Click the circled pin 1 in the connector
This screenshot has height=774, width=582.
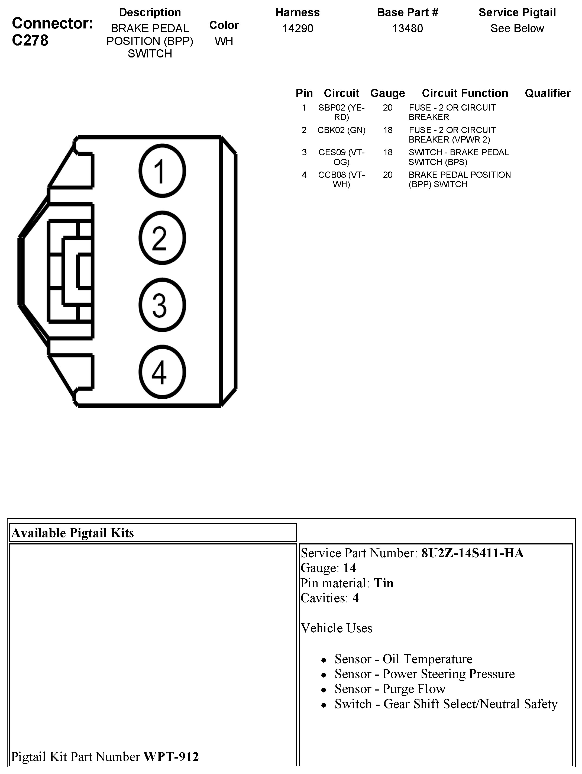(162, 171)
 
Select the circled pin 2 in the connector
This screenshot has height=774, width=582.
(162, 238)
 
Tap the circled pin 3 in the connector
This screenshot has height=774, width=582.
(162, 305)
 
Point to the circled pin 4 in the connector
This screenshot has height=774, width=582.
(162, 372)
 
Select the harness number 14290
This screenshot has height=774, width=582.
(298, 28)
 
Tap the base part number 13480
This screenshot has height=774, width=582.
(407, 28)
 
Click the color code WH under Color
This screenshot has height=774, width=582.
(224, 41)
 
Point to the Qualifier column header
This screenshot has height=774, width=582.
(547, 93)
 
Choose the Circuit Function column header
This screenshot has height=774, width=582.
(465, 93)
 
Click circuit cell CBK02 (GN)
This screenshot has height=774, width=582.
(341, 130)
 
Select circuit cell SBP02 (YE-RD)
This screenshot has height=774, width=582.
(341, 112)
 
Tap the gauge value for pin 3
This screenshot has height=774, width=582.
(387, 152)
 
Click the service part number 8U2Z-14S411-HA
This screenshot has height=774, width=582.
(472, 553)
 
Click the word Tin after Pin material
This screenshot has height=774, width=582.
(384, 583)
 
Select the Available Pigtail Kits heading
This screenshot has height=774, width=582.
(73, 533)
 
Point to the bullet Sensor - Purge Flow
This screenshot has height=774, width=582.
(390, 689)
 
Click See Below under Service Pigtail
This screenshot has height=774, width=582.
(517, 28)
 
